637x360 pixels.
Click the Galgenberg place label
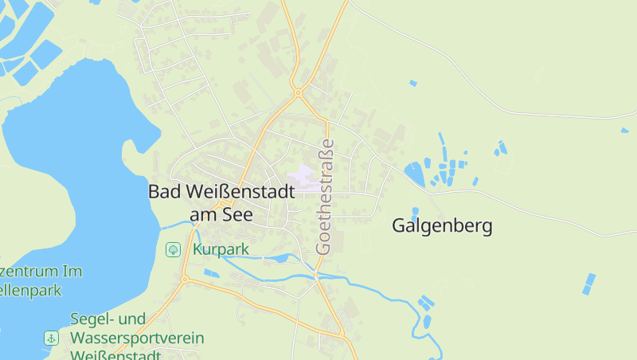click(442, 226)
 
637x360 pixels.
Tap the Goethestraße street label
click(325, 197)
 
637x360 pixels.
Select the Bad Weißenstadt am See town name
click(221, 203)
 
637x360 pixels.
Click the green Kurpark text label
click(221, 249)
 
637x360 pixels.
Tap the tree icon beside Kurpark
click(172, 250)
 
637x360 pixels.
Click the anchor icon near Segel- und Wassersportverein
click(51, 338)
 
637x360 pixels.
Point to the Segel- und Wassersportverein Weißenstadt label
click(137, 338)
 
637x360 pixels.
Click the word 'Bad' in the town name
click(165, 192)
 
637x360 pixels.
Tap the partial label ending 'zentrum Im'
click(40, 272)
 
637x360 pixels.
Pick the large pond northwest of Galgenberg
click(414, 173)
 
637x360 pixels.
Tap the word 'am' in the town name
click(205, 215)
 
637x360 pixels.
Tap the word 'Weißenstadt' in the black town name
click(240, 192)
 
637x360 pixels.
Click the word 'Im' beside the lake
click(72, 272)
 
